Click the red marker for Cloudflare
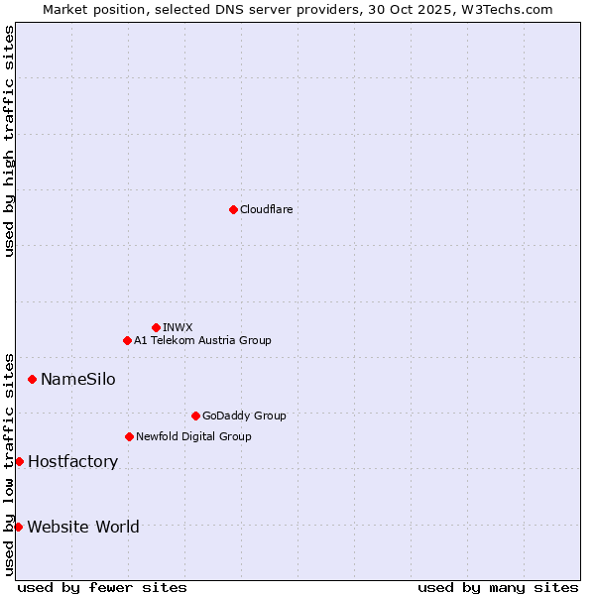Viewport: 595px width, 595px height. [233, 209]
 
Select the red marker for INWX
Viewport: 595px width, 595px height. [156, 327]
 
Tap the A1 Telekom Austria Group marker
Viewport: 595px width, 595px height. [127, 340]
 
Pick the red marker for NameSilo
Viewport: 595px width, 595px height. [32, 379]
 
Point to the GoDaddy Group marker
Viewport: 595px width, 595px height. [195, 416]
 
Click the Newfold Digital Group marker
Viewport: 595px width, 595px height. [129, 436]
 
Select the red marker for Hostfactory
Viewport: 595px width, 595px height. [19, 461]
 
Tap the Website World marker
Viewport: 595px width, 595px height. [18, 527]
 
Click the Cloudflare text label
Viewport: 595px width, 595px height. [266, 209]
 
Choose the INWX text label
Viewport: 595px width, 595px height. [178, 327]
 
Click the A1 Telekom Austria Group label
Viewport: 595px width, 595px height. [202, 340]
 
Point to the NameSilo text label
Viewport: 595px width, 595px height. [77, 380]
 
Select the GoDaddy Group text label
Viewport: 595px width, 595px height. [244, 416]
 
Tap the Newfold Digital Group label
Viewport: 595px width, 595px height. [193, 436]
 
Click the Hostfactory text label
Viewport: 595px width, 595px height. [72, 462]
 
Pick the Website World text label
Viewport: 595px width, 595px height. [83, 527]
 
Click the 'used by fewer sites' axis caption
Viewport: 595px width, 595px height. [102, 587]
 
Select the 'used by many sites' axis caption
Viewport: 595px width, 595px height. [498, 587]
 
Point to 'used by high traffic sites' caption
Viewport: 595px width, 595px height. [9, 141]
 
